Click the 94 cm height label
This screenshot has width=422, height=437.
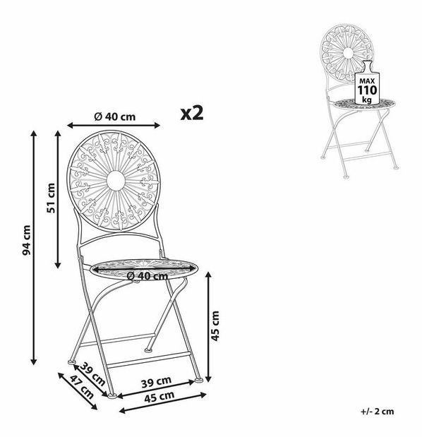pos(26,241)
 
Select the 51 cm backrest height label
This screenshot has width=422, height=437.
pos(51,198)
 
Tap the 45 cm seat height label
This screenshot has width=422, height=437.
pos(215,325)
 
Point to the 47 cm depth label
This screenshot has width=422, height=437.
pos(82,387)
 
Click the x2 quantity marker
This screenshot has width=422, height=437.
pos(192,113)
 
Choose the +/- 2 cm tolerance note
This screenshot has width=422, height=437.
pos(378,412)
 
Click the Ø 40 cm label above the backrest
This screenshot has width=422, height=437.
pos(115,116)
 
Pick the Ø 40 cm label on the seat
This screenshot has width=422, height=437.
pos(147,276)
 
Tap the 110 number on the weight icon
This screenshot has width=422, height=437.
pos(367,90)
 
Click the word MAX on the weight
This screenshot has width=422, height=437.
pos(367,81)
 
